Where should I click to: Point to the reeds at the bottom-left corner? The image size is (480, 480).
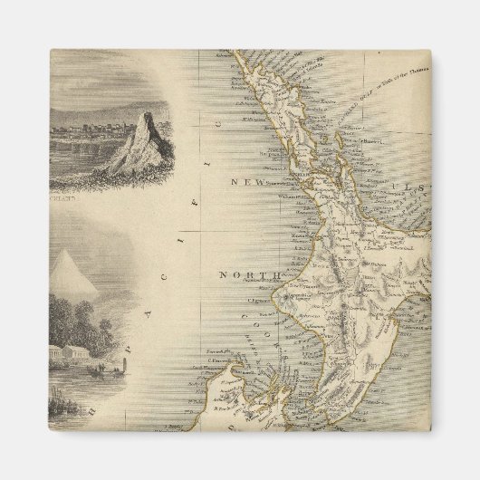pos(63,408)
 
